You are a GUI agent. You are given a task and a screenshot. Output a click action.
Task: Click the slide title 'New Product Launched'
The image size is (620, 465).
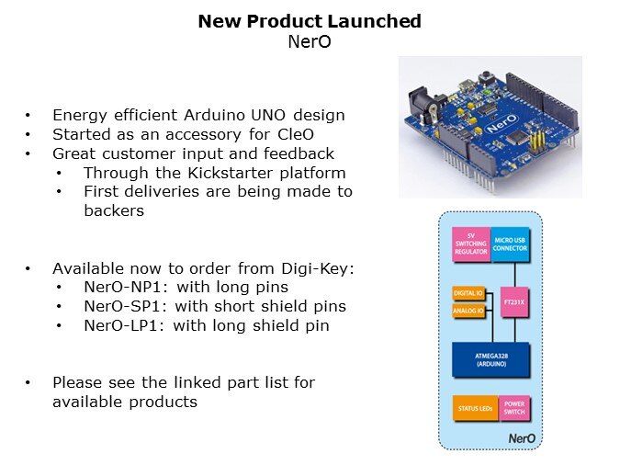(310, 21)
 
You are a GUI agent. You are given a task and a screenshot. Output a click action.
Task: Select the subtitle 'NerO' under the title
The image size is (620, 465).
(310, 40)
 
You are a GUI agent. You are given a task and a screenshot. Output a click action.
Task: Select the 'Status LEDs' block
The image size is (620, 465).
(472, 407)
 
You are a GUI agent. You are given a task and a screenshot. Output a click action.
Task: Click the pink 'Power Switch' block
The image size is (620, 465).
(513, 407)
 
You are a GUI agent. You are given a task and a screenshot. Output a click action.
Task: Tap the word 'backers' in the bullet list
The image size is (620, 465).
(110, 210)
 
